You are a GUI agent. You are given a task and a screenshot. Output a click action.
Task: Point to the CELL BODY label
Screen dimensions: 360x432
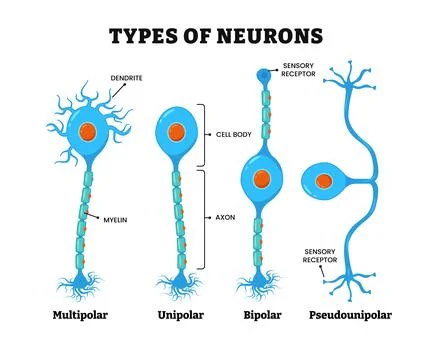pyautogui.click(x=233, y=134)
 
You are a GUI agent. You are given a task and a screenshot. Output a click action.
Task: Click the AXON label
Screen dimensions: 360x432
pyautogui.click(x=226, y=217)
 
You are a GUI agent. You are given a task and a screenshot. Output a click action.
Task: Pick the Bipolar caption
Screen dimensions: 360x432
pyautogui.click(x=262, y=315)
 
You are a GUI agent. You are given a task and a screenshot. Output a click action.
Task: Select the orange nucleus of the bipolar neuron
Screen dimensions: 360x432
pyautogui.click(x=261, y=180)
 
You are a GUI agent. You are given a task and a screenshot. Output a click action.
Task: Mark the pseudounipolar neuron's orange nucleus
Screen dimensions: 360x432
pyautogui.click(x=323, y=182)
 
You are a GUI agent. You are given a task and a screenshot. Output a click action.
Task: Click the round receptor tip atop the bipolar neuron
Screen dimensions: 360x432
pyautogui.click(x=262, y=73)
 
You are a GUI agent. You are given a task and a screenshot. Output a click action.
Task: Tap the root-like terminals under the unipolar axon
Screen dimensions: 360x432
pyautogui.click(x=178, y=285)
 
